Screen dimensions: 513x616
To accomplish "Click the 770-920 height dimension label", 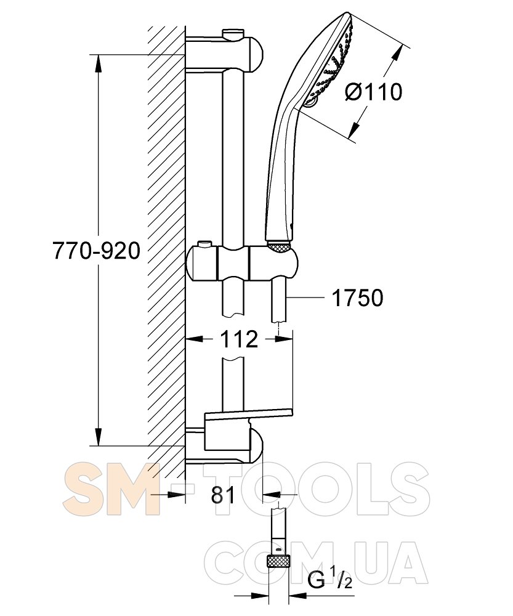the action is click(96, 251).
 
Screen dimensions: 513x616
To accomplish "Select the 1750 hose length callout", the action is click(357, 298).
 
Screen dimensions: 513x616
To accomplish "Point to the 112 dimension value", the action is click(239, 339).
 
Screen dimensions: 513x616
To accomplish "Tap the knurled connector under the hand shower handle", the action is click(279, 248).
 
